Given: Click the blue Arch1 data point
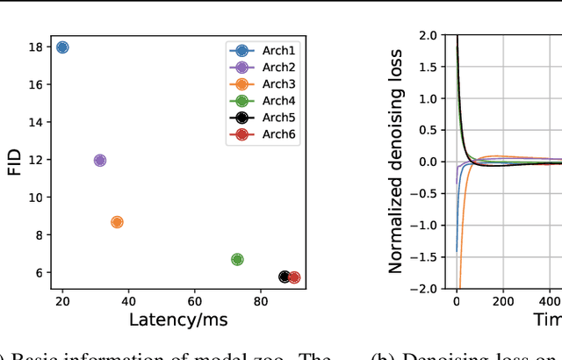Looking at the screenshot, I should pyautogui.click(x=61, y=47).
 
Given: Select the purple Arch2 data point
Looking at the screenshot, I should pyautogui.click(x=99, y=161).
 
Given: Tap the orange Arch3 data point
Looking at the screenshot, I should pyautogui.click(x=117, y=222).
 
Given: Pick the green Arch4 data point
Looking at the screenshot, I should pyautogui.click(x=237, y=259).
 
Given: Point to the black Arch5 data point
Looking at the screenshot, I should pyautogui.click(x=285, y=277).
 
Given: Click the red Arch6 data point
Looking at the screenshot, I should pyautogui.click(x=294, y=277).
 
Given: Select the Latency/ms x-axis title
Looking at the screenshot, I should pyautogui.click(x=178, y=320).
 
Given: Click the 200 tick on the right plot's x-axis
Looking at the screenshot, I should pyautogui.click(x=502, y=301).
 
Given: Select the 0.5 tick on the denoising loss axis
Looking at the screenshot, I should pyautogui.click(x=429, y=130).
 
